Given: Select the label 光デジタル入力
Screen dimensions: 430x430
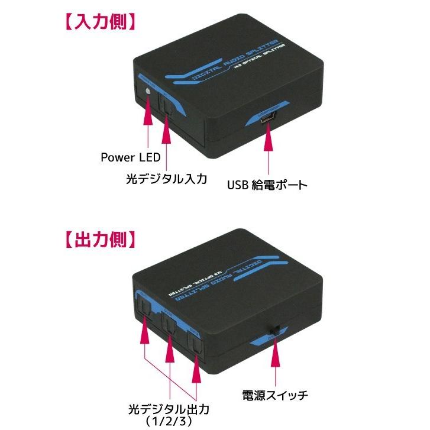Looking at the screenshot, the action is [167, 178].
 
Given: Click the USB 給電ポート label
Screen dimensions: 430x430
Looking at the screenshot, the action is [267, 185].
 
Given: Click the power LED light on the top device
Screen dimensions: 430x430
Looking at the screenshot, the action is [147, 92].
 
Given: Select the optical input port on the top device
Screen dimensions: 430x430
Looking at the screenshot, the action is [167, 105].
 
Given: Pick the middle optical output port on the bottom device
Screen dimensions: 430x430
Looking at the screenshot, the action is [170, 324].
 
